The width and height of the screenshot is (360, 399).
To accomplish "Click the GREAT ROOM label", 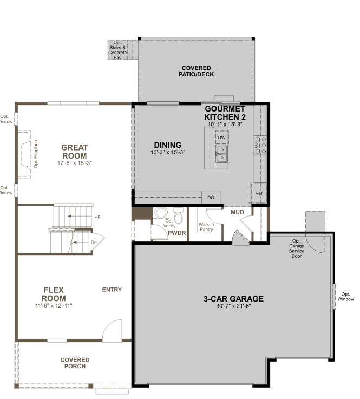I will point(74,152).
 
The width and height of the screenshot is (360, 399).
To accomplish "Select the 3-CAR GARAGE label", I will point(233,298).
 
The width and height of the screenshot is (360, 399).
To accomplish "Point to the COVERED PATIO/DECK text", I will point(196,71).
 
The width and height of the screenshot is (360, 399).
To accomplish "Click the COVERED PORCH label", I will point(75,363).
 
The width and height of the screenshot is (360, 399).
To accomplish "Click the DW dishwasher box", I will point(221,138).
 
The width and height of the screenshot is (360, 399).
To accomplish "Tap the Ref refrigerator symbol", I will point(258,193).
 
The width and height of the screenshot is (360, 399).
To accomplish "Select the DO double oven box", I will point(211,198).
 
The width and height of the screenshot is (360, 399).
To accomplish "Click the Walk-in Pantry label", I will point(206,227).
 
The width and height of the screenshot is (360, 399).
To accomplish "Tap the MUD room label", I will point(237,212).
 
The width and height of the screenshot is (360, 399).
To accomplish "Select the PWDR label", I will point(176,233).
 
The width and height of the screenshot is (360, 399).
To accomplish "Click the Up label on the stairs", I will point(97,216).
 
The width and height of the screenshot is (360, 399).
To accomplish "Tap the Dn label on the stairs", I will point(94,242).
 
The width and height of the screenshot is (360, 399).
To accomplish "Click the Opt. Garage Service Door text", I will point(296,248).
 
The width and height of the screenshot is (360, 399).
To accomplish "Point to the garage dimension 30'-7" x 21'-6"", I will point(233,306).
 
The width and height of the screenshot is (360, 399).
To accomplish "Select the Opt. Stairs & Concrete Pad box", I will point(117,49).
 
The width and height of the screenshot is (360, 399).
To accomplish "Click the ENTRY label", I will point(112,290).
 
